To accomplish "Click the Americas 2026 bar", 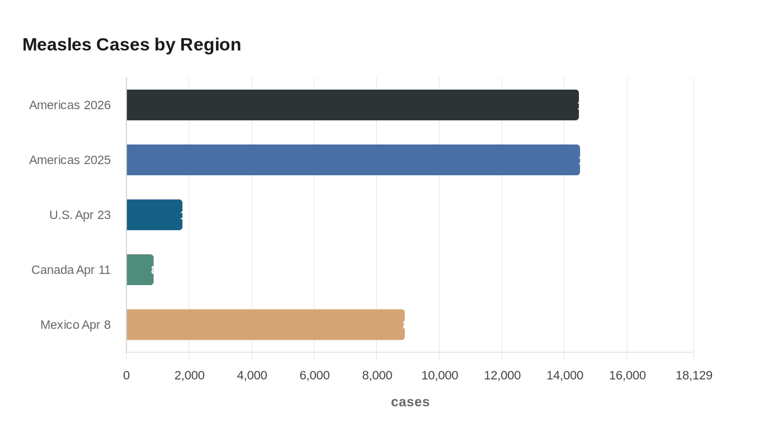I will tap(352, 105).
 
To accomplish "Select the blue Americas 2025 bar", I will tap(353, 160).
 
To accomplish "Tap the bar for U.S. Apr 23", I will tap(154, 214).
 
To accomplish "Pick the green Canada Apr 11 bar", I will tap(140, 269).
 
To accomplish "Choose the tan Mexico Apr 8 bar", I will tap(265, 324).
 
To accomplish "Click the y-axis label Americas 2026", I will tap(70, 105).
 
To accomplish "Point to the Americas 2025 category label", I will tap(70, 160).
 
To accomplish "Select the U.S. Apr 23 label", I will tap(80, 215).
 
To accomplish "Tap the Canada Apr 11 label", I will tap(71, 270).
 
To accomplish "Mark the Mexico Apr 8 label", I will tap(76, 325).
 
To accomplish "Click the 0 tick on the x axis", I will tap(126, 375).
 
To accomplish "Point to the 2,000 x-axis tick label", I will tap(190, 375).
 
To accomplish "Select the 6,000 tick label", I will tap(314, 375).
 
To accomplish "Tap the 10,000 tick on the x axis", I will tap(440, 375).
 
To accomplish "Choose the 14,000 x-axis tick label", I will tap(565, 375).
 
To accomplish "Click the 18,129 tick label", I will tap(694, 375).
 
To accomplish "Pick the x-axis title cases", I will tap(410, 402).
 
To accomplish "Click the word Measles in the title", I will tap(57, 44).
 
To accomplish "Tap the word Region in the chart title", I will tap(210, 44).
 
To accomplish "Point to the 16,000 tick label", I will tap(627, 375).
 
